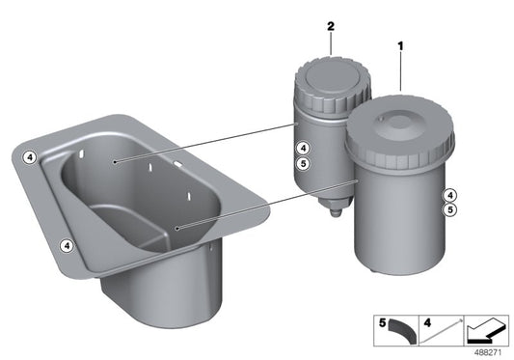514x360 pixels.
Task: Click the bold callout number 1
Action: pos(400,46)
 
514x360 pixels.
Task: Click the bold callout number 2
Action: pos(331,26)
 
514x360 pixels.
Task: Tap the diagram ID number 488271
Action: pos(488,353)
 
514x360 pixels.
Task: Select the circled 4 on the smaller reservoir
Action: pos(303,149)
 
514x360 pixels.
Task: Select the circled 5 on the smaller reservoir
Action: pos(303,163)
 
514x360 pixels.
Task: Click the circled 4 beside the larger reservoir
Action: pos(450,195)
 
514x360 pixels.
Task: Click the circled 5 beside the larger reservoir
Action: pos(450,209)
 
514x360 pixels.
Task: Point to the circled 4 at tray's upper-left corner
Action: pos(30,157)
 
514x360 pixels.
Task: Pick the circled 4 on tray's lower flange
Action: pos(67,245)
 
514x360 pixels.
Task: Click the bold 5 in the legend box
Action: pos(383,323)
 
